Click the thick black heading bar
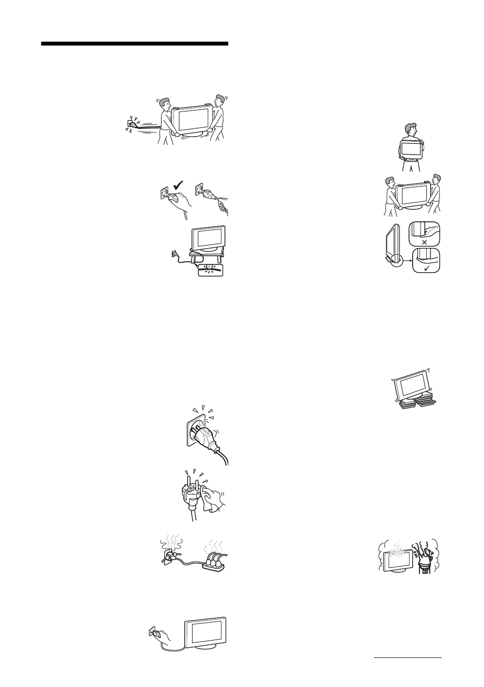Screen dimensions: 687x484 point(134,44)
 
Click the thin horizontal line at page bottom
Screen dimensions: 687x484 point(408,658)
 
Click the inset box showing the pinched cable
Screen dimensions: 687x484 point(210,269)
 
